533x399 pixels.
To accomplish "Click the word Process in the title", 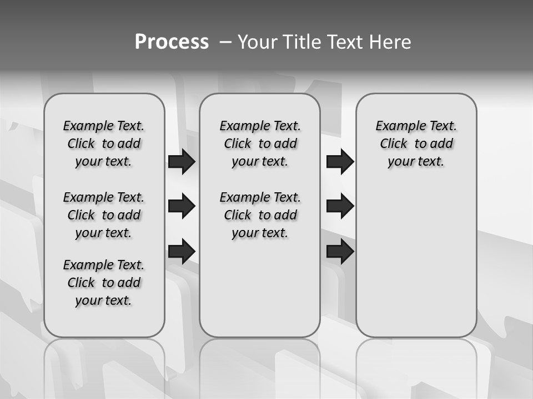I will click(172, 42).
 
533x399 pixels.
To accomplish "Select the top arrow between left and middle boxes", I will click(182, 162).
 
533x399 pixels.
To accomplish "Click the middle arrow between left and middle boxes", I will click(182, 206).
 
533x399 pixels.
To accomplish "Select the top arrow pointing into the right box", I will click(340, 162).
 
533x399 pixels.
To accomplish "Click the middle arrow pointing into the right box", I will click(340, 206).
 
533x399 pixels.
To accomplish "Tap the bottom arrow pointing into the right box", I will click(340, 251).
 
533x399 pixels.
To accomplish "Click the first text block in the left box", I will click(104, 144).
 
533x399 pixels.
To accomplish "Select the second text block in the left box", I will click(104, 215).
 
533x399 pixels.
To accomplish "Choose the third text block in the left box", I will click(104, 283).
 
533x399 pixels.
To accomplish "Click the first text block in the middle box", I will click(260, 144).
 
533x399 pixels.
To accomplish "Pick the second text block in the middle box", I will click(260, 215).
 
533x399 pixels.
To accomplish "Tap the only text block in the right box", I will click(416, 144).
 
